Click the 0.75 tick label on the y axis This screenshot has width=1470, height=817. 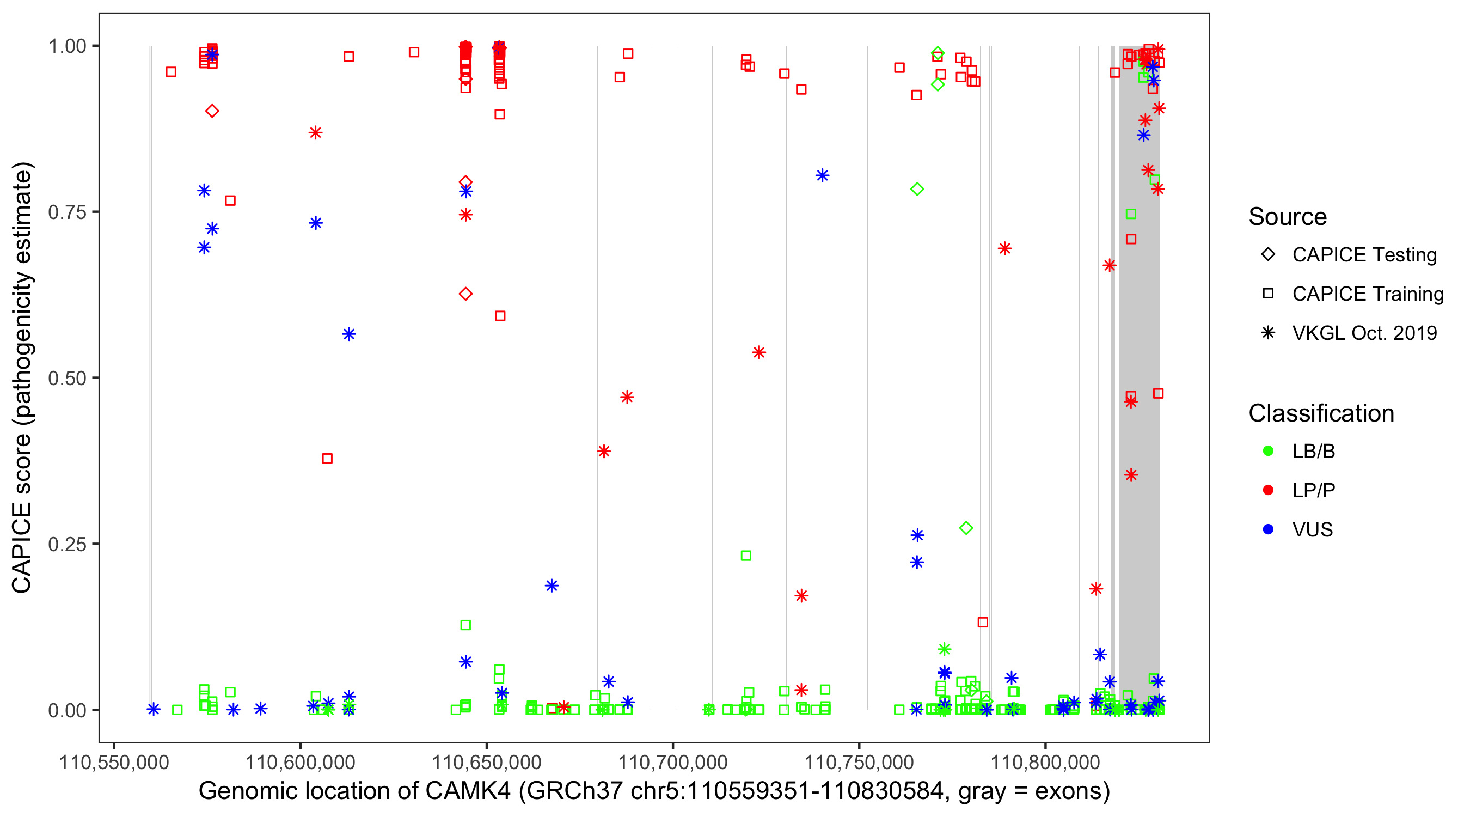[x=66, y=212]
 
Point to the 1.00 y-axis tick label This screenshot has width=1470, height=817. [x=66, y=46]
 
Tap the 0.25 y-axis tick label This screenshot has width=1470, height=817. [x=66, y=544]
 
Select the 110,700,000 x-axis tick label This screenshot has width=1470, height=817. [x=673, y=762]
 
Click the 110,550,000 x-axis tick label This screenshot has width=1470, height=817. [x=114, y=762]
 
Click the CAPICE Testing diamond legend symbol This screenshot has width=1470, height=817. [x=1268, y=255]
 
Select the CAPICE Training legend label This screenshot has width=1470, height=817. [x=1368, y=294]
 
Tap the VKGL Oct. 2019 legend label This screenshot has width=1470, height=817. [x=1364, y=333]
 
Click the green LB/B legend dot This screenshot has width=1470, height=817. [x=1268, y=451]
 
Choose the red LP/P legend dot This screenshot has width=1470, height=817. [x=1268, y=490]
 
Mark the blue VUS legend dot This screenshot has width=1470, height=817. [x=1268, y=530]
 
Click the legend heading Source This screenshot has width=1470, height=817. [x=1288, y=217]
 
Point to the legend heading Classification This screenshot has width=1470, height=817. [x=1321, y=413]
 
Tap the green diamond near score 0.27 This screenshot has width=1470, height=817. [x=966, y=528]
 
